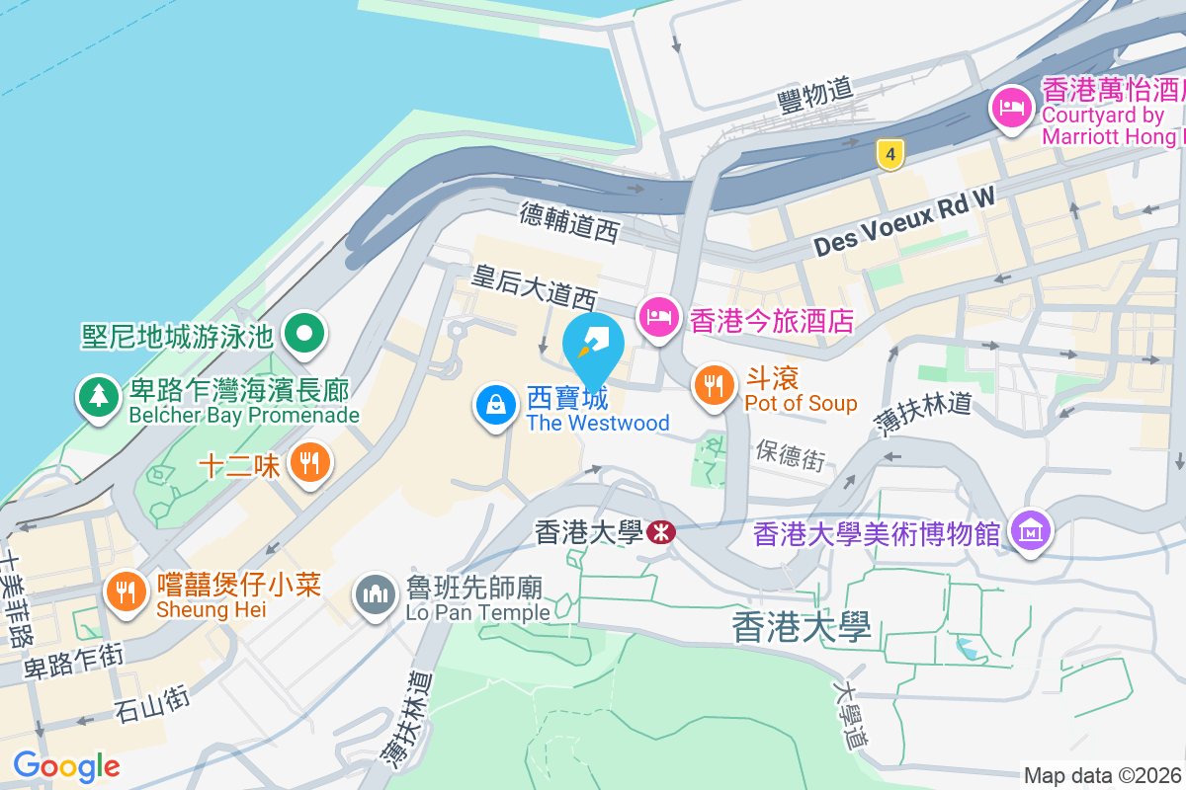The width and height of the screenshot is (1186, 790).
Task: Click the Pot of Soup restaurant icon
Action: [x=713, y=384]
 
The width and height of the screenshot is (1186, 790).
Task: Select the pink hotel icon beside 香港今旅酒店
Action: [x=658, y=318]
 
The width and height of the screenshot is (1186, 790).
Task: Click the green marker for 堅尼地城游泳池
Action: [x=304, y=334]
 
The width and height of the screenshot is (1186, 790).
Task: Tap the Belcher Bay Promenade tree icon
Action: [x=98, y=397]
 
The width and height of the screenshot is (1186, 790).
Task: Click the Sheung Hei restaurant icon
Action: [x=126, y=592]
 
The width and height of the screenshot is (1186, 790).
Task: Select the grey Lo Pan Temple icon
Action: [x=376, y=595]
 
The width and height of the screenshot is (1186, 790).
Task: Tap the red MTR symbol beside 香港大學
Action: [x=661, y=533]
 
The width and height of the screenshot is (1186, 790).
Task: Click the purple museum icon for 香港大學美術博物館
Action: [x=1031, y=532]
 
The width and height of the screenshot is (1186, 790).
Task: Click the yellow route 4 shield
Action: [x=890, y=154]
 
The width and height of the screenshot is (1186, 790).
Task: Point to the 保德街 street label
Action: [x=790, y=455]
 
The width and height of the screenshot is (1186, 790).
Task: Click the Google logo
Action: [x=66, y=765]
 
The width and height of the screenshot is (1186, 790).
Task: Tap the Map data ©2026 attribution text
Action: [x=1103, y=776]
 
